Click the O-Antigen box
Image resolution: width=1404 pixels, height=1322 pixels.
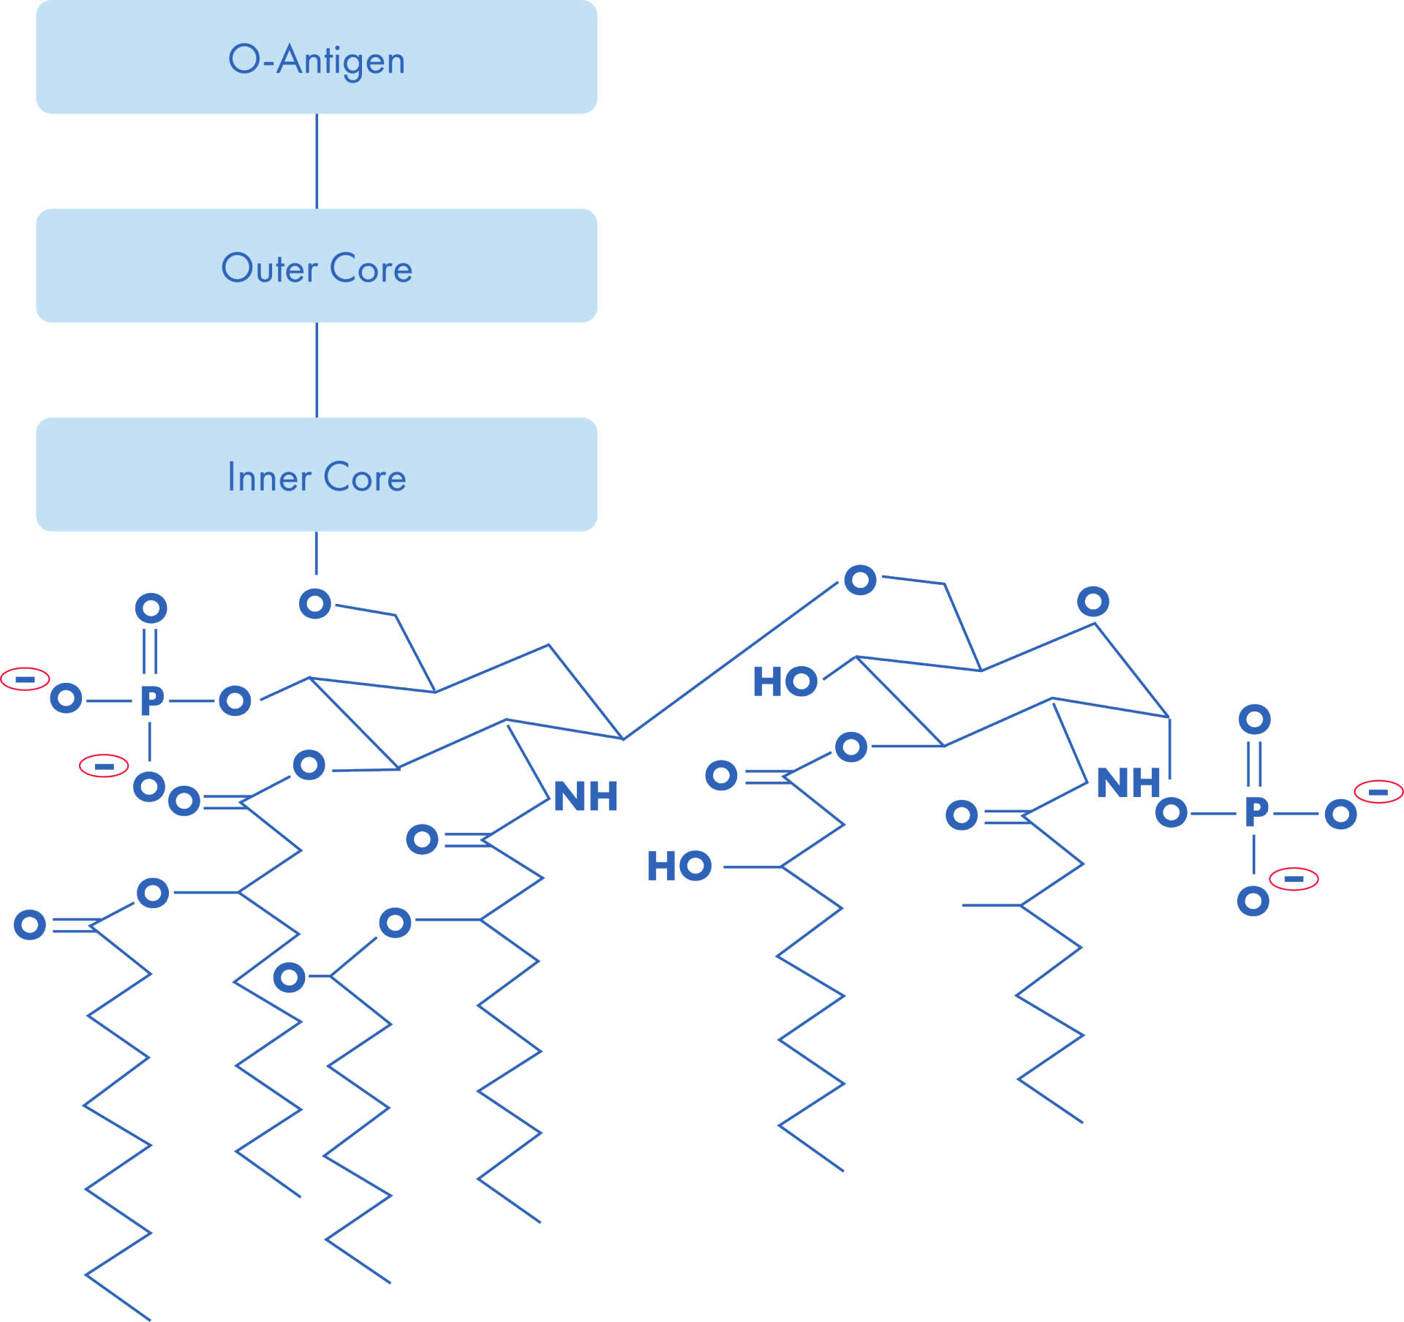click(x=317, y=57)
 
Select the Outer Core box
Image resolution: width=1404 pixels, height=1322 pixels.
click(x=317, y=265)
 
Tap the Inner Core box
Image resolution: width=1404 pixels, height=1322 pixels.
click(x=317, y=475)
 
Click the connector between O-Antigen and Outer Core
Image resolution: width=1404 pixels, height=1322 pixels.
click(x=317, y=162)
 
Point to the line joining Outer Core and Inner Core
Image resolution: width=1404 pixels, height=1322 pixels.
click(x=317, y=370)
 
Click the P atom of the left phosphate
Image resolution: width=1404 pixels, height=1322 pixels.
click(x=151, y=700)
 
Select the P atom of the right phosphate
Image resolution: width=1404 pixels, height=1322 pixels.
click(x=1256, y=812)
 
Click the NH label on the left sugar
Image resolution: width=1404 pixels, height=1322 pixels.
click(x=586, y=796)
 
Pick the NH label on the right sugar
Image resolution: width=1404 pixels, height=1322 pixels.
click(x=1128, y=782)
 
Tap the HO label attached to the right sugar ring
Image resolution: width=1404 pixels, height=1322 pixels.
click(x=785, y=681)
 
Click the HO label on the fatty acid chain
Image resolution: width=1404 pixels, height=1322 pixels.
click(x=679, y=866)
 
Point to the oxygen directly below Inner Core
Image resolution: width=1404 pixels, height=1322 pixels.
click(x=315, y=603)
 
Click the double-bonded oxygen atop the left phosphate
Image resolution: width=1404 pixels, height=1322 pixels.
click(x=151, y=608)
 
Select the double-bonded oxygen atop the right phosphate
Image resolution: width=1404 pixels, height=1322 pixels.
click(x=1255, y=719)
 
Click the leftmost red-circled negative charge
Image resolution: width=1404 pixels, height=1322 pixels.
click(x=25, y=679)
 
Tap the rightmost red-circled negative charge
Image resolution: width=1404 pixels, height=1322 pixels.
click(x=1378, y=792)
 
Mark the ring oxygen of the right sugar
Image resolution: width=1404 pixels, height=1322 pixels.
click(x=1093, y=602)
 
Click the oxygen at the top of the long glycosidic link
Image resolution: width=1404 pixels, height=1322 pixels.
click(x=860, y=580)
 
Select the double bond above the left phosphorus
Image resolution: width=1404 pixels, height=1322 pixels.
click(x=150, y=651)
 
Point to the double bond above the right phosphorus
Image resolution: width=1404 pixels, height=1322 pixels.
click(x=1254, y=764)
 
